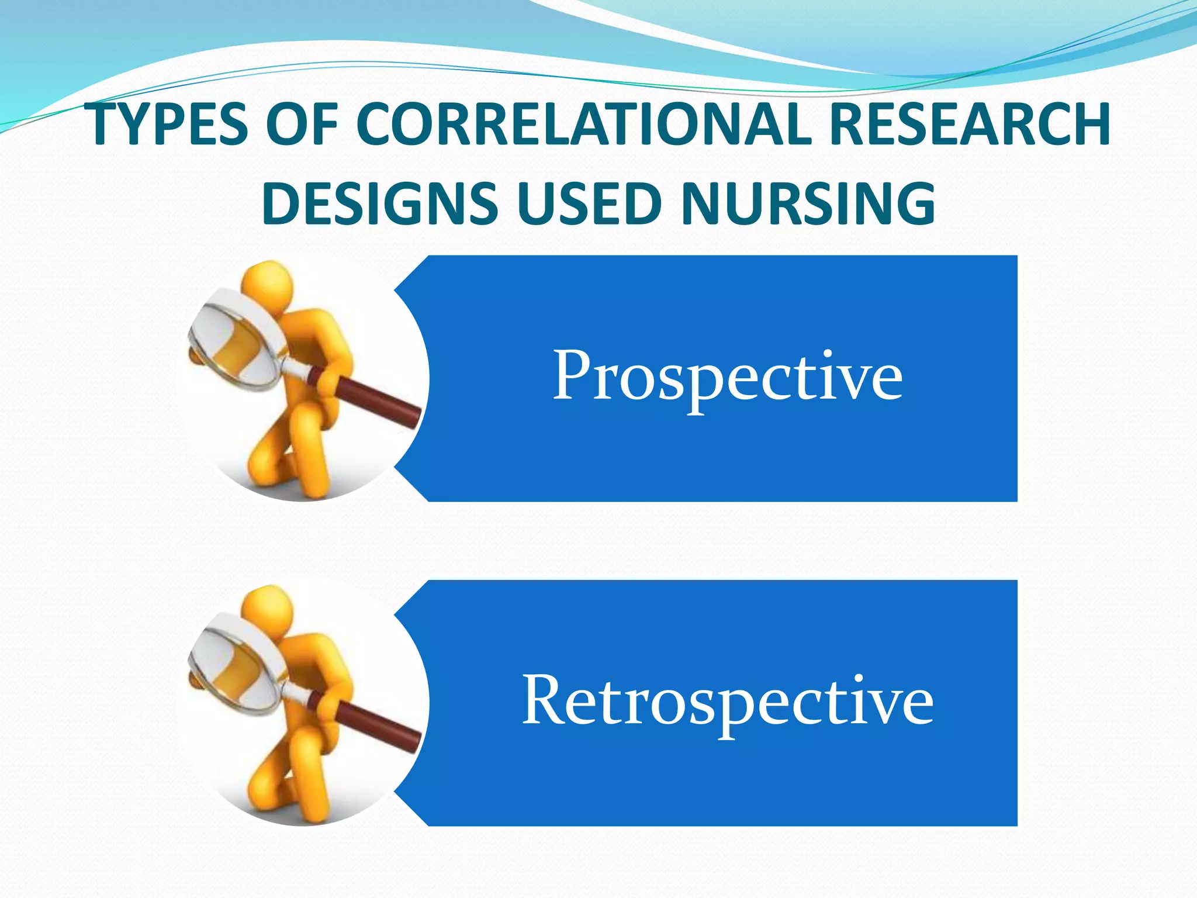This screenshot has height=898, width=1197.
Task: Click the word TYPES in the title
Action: click(169, 125)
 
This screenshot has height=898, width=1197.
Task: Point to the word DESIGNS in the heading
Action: click(379, 203)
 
